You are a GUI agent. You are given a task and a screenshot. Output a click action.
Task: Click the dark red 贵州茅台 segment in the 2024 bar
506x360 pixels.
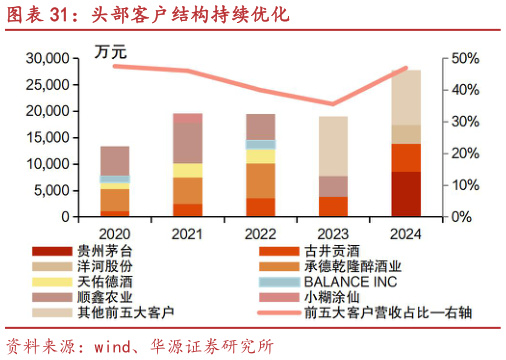coord(405,194)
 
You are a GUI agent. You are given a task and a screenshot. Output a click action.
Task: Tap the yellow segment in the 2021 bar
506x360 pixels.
coord(188,170)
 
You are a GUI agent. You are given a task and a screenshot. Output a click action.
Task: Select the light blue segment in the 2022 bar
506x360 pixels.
coord(260,144)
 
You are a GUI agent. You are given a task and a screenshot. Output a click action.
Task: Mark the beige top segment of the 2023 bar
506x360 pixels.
coord(333,145)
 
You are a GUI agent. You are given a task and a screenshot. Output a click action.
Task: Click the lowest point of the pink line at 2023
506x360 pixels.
coord(333,104)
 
